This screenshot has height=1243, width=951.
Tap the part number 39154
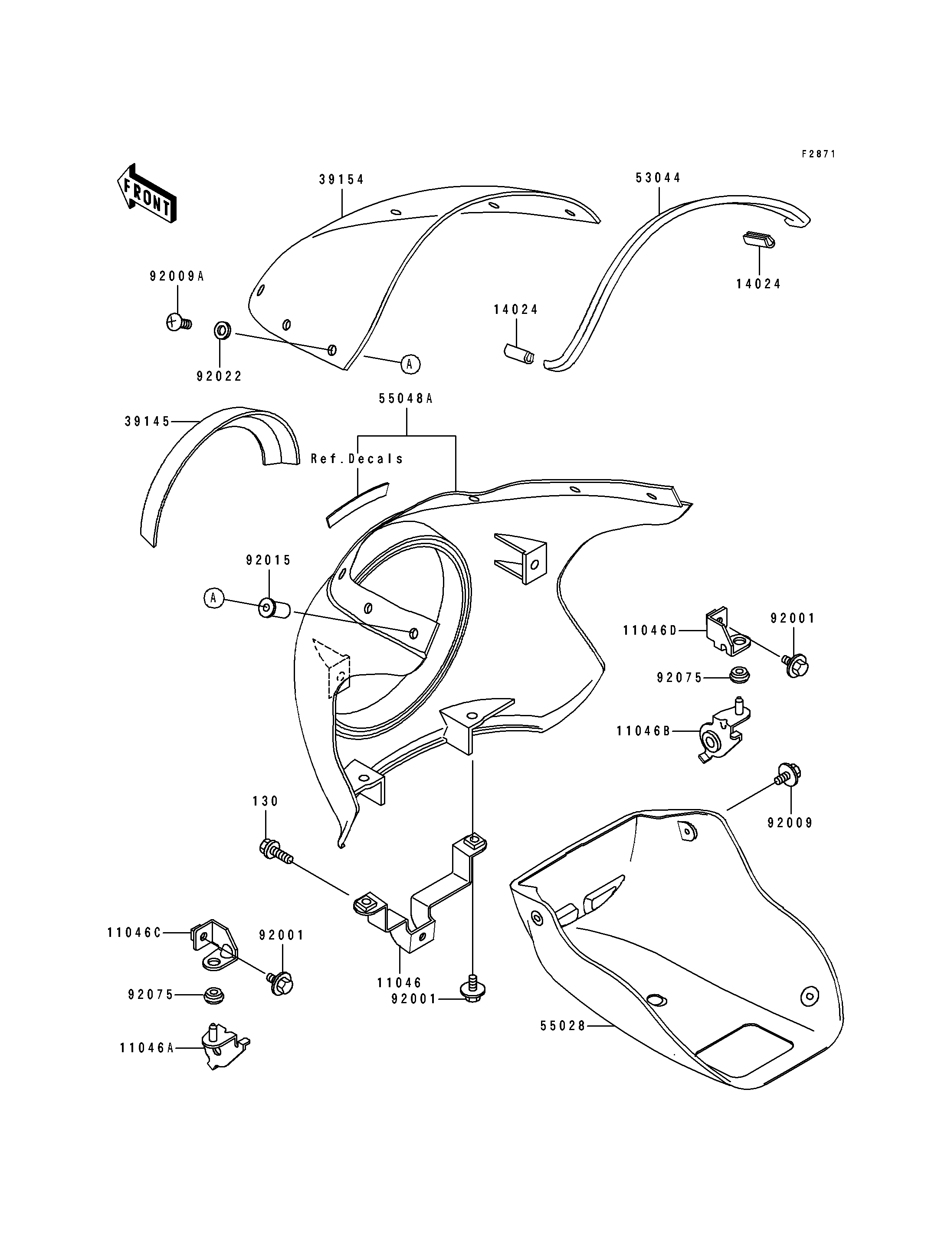point(342,179)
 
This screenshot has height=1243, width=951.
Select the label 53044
point(658,178)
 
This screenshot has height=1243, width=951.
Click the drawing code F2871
point(818,154)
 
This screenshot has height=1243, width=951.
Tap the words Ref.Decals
point(357,458)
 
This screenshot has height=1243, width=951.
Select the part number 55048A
point(407,398)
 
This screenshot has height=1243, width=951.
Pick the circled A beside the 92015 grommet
point(213,597)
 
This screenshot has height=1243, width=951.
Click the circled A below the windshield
point(410,364)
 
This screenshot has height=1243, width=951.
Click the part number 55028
point(563,1025)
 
